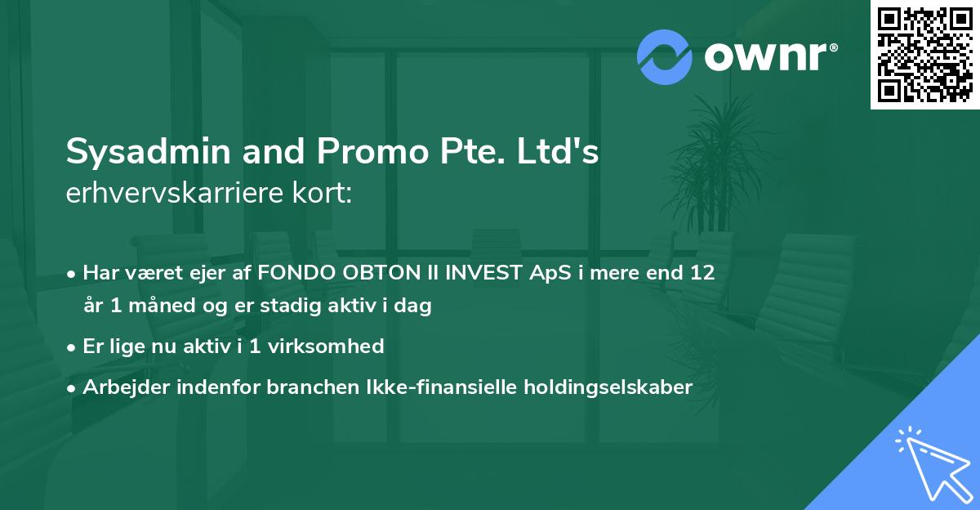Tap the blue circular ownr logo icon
click(665, 57)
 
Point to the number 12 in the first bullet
click(702, 273)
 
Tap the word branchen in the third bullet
click(301, 387)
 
